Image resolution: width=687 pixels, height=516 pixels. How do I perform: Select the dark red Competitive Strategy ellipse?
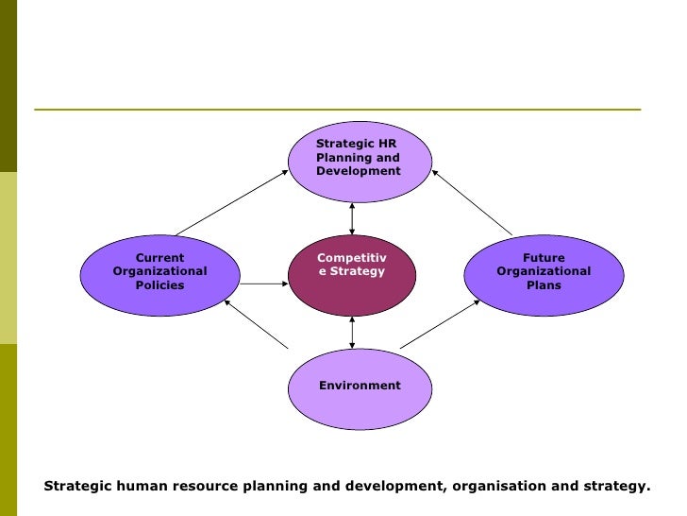point(351,275)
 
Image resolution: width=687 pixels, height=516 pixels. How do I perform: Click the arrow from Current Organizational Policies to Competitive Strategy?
point(263,284)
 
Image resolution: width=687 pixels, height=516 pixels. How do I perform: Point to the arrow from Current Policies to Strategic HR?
point(231,203)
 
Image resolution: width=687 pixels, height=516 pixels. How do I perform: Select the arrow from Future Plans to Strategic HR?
point(472,203)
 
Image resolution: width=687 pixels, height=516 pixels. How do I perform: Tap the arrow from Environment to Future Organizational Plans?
point(440,325)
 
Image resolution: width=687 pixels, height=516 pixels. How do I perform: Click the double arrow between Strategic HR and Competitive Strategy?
point(352,218)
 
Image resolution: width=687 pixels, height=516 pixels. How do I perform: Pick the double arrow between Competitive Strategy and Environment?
point(352,332)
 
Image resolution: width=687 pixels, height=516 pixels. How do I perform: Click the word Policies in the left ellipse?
point(159,285)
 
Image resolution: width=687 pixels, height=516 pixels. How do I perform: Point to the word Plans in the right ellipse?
point(544,285)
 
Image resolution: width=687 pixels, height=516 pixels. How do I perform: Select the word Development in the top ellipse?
point(359,172)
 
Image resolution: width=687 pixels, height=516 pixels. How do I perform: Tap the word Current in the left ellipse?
point(159,258)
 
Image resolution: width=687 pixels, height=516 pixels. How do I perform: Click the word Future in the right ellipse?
point(544,258)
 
